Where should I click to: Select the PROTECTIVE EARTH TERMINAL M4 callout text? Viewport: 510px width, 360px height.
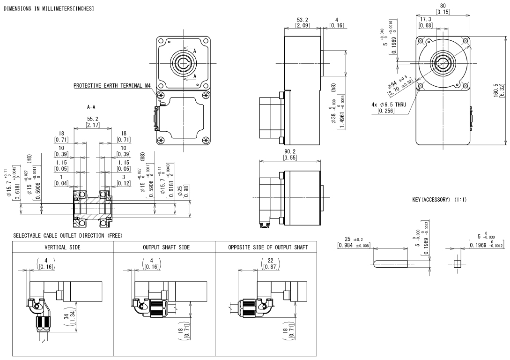point(112,86)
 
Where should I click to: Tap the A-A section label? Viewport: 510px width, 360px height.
point(92,107)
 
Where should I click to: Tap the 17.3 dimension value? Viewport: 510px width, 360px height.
point(426,19)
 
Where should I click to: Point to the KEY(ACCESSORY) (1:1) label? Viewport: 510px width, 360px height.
point(439,200)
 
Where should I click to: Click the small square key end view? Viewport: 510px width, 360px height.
point(458,264)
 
